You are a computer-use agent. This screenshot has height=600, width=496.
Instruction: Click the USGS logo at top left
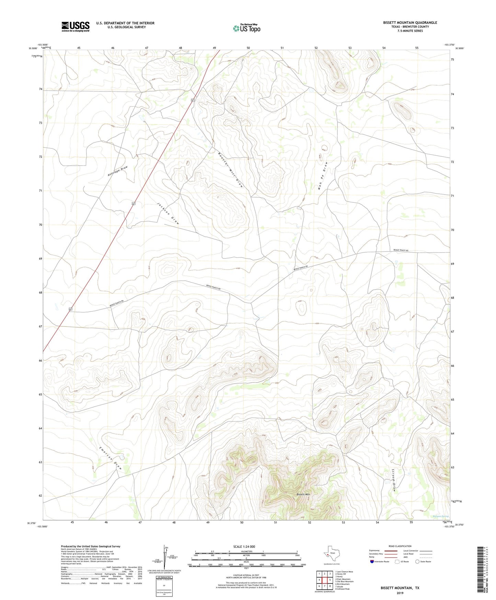click(x=76, y=26)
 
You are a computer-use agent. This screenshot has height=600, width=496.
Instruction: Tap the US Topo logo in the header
click(x=246, y=28)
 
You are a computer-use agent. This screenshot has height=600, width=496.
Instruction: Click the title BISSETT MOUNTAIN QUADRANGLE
click(x=410, y=23)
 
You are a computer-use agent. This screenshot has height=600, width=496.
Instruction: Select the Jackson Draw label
click(x=168, y=213)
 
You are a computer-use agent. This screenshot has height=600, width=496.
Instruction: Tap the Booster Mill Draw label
click(x=230, y=170)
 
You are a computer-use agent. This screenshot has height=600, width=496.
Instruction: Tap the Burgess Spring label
click(x=440, y=516)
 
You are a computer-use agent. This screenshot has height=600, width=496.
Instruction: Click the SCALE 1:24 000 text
click(x=244, y=546)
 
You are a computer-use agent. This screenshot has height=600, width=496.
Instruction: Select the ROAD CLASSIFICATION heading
click(x=400, y=546)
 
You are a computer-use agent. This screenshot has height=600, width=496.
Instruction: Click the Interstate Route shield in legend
click(x=372, y=562)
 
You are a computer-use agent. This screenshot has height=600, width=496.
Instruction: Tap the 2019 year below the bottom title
click(x=400, y=593)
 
